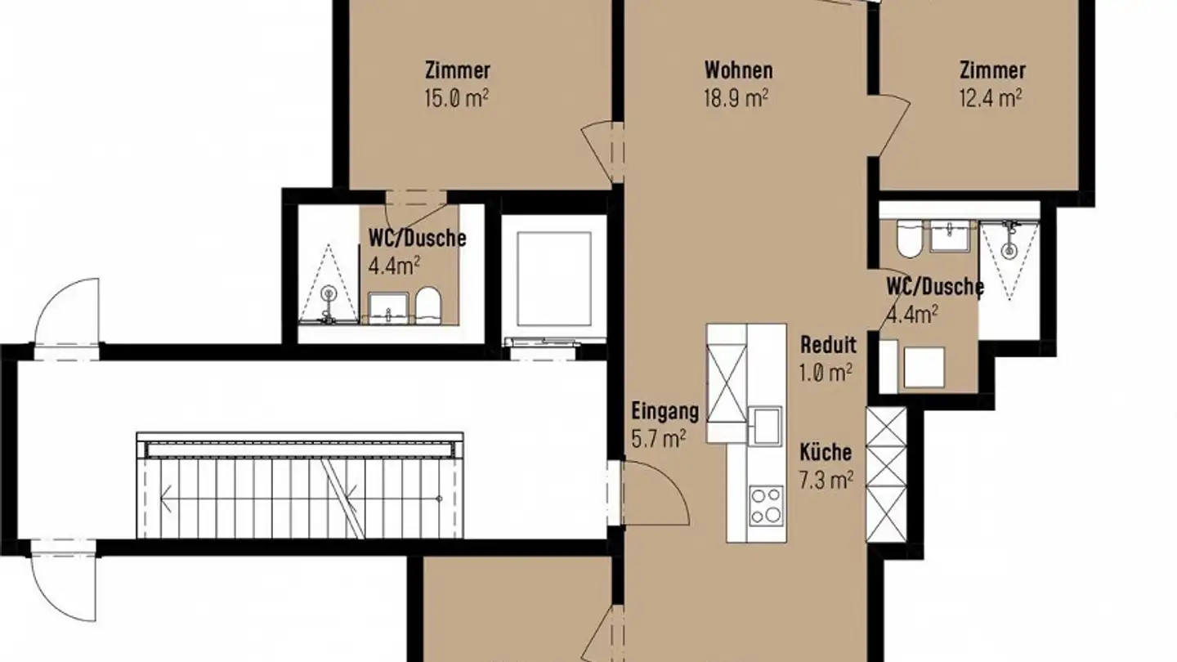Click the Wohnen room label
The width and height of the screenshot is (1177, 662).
coord(739,70)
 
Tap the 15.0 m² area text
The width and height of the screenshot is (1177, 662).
coord(457,98)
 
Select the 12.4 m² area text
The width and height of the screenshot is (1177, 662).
coord(991,98)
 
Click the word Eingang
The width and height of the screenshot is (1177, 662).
coord(665,410)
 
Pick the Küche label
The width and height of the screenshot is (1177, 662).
coord(825,452)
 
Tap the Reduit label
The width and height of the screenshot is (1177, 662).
coord(828,344)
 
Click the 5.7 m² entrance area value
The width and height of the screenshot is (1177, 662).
coord(659,439)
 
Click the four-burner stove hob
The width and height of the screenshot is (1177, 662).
coord(767,504)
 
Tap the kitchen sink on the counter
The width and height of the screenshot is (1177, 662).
coord(767,426)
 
